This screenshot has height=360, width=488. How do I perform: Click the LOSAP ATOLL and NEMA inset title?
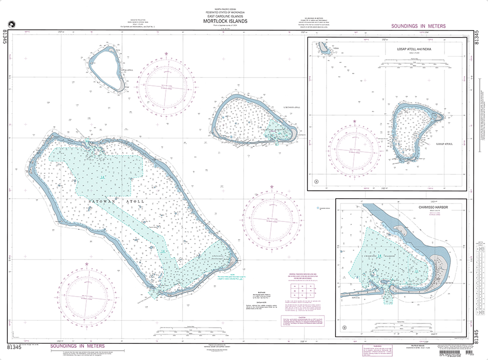(416, 49)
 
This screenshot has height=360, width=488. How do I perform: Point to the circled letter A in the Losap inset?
(316, 182)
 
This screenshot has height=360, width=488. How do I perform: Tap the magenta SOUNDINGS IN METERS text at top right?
(418, 26)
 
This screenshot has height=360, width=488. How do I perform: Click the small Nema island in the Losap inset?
(323, 47)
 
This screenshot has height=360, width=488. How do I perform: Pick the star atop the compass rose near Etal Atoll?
(166, 53)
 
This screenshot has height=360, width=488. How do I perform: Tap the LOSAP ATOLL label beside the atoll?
(445, 144)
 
